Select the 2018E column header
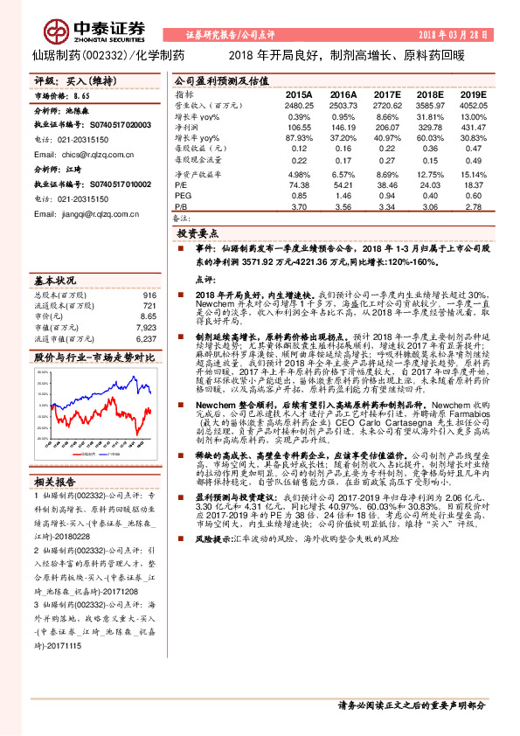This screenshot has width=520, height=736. (429, 94)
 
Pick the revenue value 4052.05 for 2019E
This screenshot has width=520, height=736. (471, 105)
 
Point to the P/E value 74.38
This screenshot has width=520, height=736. (299, 184)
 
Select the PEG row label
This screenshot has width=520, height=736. (182, 196)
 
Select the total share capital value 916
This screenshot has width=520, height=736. (149, 296)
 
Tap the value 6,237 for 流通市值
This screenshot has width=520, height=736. (146, 337)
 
